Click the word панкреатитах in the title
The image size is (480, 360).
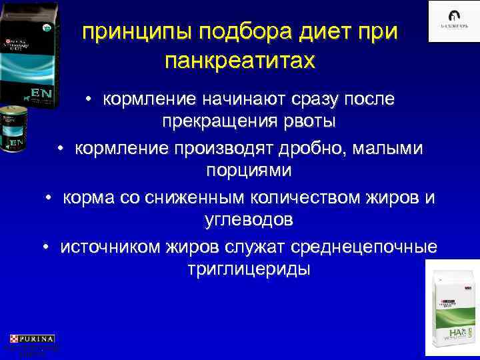(x=239, y=61)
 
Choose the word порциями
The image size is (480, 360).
(x=247, y=171)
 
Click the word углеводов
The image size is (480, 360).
(x=247, y=220)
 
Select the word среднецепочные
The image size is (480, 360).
(x=371, y=245)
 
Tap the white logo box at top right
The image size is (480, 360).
(x=453, y=21)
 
